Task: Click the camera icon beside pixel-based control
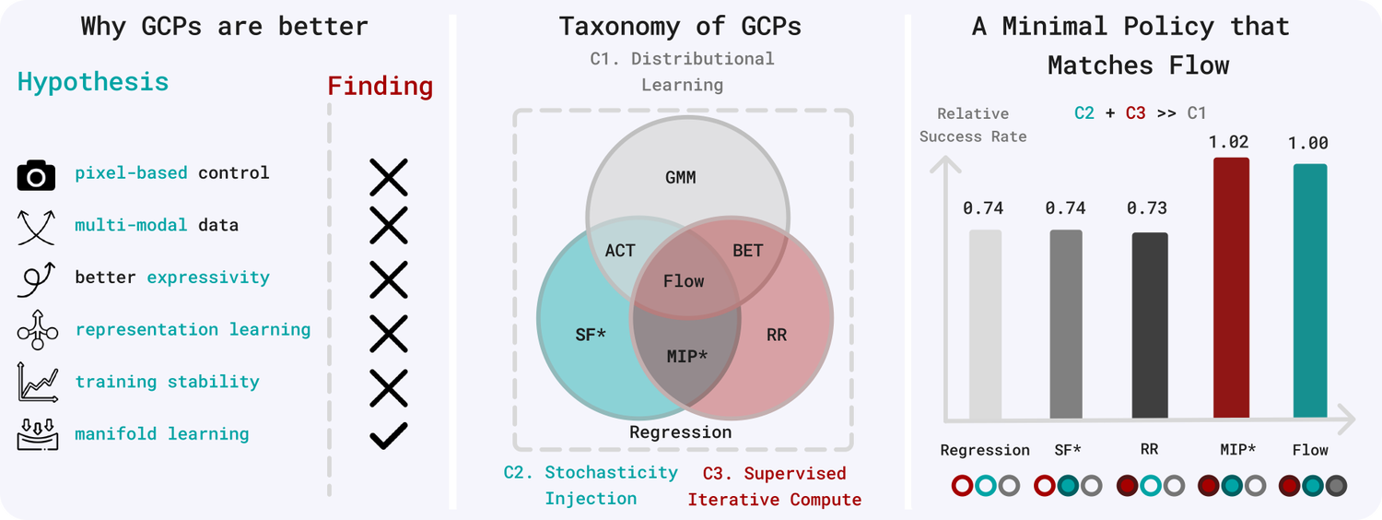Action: (37, 174)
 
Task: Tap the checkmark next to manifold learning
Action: (388, 434)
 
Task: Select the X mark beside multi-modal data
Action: (388, 225)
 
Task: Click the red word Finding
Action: (381, 87)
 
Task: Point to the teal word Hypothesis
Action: (93, 81)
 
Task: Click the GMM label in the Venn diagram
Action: (680, 177)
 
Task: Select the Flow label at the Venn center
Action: (684, 280)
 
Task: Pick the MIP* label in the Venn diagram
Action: (686, 354)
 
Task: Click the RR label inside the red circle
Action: (777, 335)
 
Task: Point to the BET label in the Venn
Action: (747, 250)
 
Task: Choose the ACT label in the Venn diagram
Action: (620, 250)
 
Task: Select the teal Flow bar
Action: (1310, 291)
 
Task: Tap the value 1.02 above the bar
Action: (1231, 143)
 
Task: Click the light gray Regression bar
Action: (985, 323)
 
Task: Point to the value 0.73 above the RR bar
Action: (1148, 208)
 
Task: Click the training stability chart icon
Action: (37, 383)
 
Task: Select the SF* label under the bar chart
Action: (1067, 450)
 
